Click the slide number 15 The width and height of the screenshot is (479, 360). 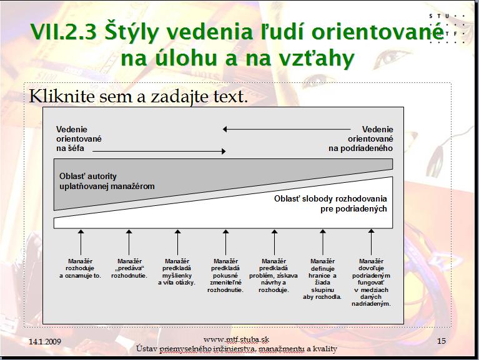point(442,341)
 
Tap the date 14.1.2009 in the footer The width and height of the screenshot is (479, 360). point(45,341)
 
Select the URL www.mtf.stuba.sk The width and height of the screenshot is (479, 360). point(236,339)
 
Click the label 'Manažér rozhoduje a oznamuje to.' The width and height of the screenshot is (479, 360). point(80,268)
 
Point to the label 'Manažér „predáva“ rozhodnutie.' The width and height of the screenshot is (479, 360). point(129,268)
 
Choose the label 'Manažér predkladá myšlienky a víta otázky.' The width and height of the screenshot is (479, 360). point(177,272)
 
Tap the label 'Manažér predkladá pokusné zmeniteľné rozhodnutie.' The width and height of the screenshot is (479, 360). point(225,276)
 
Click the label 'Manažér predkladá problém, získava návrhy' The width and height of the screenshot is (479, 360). point(274,272)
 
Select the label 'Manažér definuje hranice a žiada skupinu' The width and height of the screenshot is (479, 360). point(322,276)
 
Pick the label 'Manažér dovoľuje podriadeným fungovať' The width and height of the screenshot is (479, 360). point(371,272)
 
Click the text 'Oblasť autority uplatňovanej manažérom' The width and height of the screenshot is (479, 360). point(107,181)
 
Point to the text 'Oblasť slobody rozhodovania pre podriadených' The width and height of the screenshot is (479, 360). point(330,204)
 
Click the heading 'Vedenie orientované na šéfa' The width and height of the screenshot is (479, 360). point(79,139)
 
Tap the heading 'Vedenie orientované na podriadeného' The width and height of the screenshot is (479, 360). point(361,139)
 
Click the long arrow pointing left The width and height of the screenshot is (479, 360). point(287,129)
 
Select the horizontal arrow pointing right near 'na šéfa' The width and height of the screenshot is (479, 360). point(159,151)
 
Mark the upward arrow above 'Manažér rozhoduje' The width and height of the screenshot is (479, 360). point(81,243)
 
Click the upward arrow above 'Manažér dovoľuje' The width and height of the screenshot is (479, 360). point(371,242)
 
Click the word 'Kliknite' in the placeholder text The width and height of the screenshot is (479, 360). point(62,96)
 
